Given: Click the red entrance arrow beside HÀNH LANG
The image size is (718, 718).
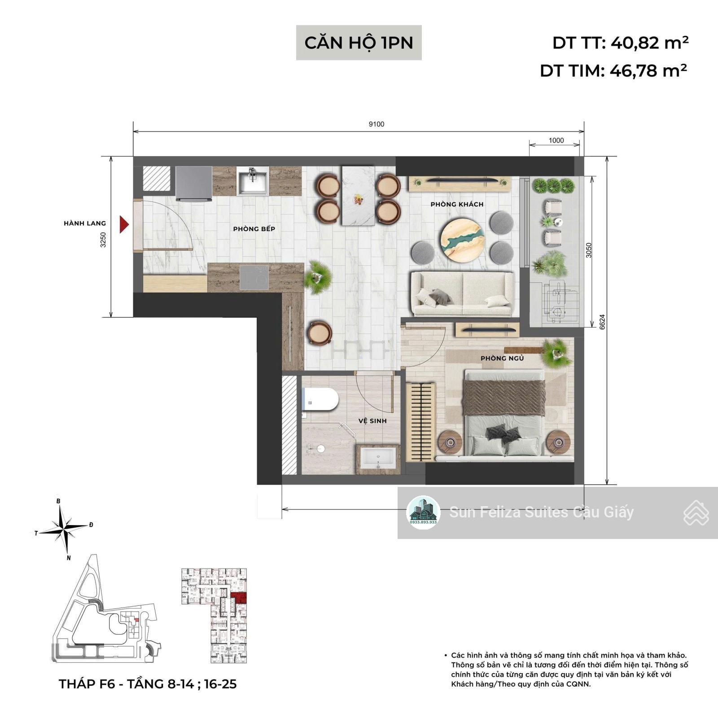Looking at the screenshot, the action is pos(124,224).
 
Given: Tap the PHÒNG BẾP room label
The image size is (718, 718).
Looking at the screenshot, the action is pos(254,229).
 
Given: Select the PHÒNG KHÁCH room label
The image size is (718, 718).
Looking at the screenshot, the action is pos(457,204).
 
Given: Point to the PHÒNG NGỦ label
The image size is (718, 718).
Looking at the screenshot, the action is pos(502,358).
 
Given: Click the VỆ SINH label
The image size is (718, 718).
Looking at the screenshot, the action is pos(372,421).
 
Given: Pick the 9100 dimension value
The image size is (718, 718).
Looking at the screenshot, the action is pos(377,124).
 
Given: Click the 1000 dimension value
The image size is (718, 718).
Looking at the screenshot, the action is pos(556,140).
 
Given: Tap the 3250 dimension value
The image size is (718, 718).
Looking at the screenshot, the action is pos(104,240).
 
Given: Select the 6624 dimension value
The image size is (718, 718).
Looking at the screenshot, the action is pos(602,322).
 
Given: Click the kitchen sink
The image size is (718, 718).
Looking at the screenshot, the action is pos(253,181).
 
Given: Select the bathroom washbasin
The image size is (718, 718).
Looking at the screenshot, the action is pos(378,459).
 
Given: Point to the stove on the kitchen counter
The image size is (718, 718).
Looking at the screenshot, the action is pos(254,277).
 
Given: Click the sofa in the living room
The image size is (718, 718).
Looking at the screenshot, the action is pos(463,294).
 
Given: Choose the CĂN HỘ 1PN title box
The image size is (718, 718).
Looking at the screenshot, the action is pos(359,43).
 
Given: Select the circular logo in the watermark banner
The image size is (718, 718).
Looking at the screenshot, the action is pos(423,512).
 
